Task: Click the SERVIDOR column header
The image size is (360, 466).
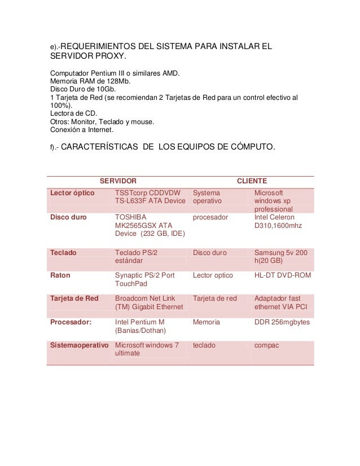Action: tap(118, 181)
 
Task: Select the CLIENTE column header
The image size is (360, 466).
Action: tap(252, 181)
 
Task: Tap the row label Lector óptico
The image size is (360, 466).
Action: tap(73, 193)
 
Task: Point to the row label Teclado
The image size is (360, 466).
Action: tap(63, 253)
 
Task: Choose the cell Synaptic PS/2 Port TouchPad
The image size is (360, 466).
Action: tap(144, 280)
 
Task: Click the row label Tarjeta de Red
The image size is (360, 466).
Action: tap(74, 298)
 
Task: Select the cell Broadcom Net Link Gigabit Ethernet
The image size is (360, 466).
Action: tap(149, 302)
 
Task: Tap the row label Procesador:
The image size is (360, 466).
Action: tap(71, 322)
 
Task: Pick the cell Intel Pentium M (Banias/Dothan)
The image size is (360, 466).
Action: tap(140, 326)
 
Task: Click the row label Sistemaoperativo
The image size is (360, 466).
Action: tap(79, 345)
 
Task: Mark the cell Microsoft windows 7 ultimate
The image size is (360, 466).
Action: tap(147, 349)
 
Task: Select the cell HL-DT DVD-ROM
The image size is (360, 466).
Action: tap(283, 275)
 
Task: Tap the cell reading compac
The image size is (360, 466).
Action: tap(266, 345)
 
